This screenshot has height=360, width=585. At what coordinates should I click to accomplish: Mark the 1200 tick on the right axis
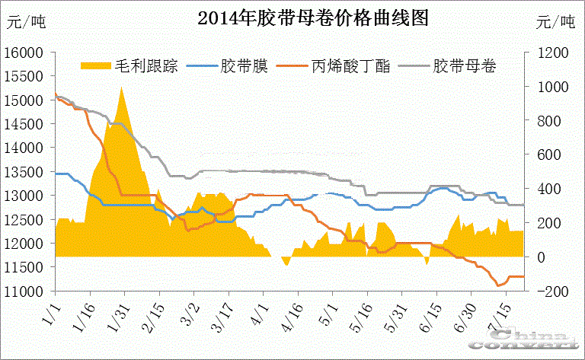pyautogui.click(x=546, y=53)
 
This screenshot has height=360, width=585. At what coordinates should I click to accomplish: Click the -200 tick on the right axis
pyautogui.click(x=546, y=292)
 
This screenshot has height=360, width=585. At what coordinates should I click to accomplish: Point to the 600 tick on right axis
pyautogui.click(x=546, y=155)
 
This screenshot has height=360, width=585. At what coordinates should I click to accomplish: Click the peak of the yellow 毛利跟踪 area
pyautogui.click(x=121, y=88)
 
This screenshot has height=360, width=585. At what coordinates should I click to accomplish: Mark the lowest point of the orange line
pyautogui.click(x=499, y=285)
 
